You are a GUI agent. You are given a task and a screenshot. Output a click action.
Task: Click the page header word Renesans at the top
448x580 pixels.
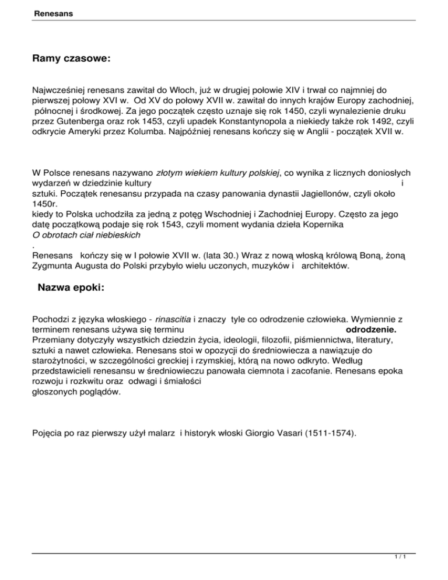click(49, 12)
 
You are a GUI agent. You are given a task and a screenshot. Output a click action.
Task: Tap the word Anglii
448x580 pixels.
click(329, 134)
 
